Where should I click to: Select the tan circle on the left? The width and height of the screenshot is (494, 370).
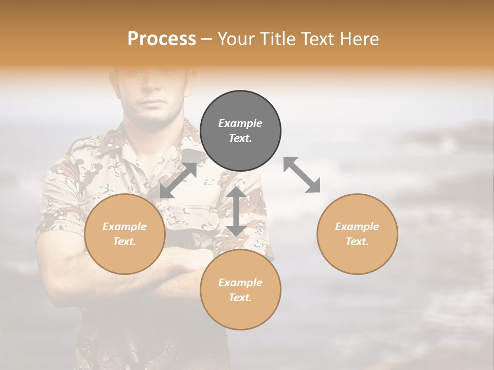pyautogui.click(x=125, y=234)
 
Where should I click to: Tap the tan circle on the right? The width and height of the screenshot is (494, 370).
pyautogui.click(x=357, y=234)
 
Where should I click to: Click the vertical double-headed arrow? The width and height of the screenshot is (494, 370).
pyautogui.click(x=236, y=212)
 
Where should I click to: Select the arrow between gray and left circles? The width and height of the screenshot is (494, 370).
pyautogui.click(x=178, y=180)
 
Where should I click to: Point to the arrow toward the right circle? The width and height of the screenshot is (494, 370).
pyautogui.click(x=302, y=175)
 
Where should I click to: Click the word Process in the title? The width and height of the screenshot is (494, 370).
pyautogui.click(x=162, y=39)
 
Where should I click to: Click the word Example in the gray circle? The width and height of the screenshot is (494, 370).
pyautogui.click(x=240, y=123)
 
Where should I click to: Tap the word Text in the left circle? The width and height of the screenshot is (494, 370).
pyautogui.click(x=125, y=242)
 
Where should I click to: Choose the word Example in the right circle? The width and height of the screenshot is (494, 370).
pyautogui.click(x=357, y=227)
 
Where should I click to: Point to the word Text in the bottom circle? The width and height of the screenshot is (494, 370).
pyautogui.click(x=240, y=298)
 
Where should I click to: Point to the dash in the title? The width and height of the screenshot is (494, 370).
pyautogui.click(x=206, y=39)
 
